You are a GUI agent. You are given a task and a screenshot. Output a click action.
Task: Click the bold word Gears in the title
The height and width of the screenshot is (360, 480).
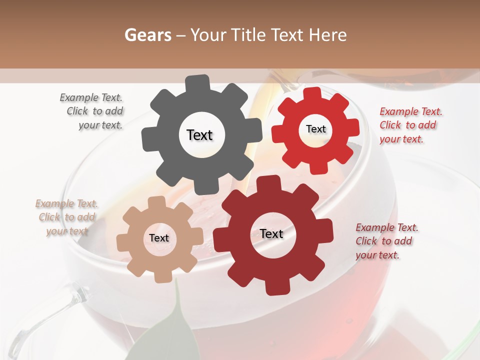point(147,35)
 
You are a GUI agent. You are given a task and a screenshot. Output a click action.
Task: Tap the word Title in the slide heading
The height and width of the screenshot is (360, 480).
point(247,35)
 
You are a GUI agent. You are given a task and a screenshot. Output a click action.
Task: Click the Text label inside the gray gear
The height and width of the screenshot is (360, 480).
point(199,135)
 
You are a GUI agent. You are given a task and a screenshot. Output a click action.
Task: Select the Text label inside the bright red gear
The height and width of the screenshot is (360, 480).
point(315,129)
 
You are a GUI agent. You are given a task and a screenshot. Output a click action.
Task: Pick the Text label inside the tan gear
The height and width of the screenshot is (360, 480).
point(159,238)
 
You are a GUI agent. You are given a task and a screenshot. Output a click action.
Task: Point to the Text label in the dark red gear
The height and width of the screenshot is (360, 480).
point(271,233)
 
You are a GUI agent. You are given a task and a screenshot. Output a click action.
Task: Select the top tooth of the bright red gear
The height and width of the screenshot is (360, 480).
point(312,94)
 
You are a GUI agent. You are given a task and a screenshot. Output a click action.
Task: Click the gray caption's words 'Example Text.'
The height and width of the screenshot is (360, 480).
point(91,97)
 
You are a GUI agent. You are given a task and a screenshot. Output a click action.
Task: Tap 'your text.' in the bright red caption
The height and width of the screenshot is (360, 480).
point(401,139)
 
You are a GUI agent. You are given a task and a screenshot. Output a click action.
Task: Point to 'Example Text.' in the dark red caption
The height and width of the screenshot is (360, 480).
point(387,227)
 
